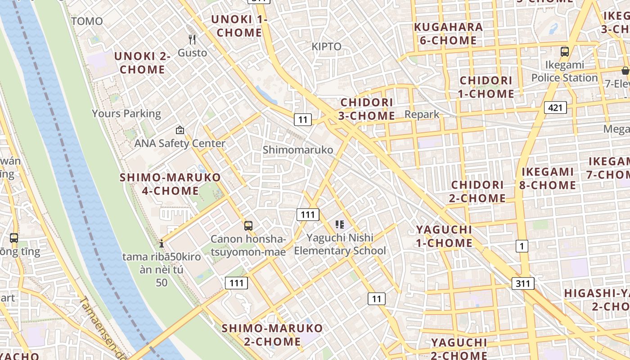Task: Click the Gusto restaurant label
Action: coord(192,53)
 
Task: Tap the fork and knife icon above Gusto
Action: coord(192,40)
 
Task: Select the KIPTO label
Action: coord(326,46)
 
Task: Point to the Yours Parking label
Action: coord(126,113)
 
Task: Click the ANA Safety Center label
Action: coord(180,143)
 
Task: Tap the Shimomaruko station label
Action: coord(298,149)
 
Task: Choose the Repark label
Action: coord(422,114)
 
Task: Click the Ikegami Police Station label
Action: coord(564,71)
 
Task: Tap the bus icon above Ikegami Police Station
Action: coord(565,52)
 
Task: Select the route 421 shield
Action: coord(555,108)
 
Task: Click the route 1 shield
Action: coord(522,246)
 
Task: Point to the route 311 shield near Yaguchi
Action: coord(523,283)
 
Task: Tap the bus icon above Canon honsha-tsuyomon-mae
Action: coord(248,226)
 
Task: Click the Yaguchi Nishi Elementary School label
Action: coord(340,244)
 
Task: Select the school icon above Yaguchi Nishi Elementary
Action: coord(340,224)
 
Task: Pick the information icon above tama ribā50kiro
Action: coord(162,244)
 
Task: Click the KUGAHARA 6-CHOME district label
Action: coord(448,34)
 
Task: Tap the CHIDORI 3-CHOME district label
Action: coord(367,109)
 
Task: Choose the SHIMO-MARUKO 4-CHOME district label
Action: coord(170,184)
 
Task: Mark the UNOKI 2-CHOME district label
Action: coord(142,63)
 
